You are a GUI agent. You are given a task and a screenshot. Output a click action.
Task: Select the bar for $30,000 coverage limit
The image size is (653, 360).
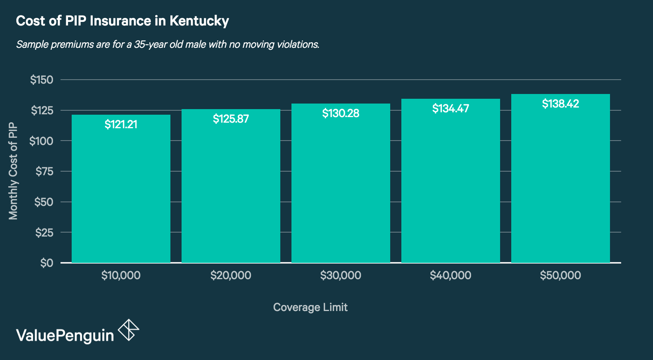pyautogui.click(x=340, y=187)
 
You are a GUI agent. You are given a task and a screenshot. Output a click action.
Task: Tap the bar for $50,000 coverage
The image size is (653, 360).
pyautogui.click(x=560, y=183)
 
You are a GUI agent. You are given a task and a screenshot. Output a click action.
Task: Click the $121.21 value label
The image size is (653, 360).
pyautogui.click(x=121, y=125)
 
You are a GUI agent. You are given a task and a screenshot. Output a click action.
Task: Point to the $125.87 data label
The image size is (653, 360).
pyautogui.click(x=231, y=119)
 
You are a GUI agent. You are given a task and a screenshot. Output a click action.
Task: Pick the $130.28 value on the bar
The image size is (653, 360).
pyautogui.click(x=340, y=113)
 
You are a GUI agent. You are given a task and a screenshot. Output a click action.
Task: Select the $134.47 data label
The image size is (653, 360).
pyautogui.click(x=450, y=109)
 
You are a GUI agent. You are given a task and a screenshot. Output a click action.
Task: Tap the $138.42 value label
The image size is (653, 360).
pyautogui.click(x=560, y=104)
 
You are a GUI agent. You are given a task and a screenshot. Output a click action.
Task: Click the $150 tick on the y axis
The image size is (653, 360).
pyautogui.click(x=41, y=80)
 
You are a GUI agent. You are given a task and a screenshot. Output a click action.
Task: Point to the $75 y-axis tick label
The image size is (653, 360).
pyautogui.click(x=44, y=171)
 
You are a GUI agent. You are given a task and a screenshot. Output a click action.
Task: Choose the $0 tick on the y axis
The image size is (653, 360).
pyautogui.click(x=47, y=263)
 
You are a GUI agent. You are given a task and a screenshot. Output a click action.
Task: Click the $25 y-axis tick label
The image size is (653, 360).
pyautogui.click(x=44, y=233)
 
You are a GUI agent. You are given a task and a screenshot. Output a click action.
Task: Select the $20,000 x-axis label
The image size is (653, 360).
pyautogui.click(x=231, y=275)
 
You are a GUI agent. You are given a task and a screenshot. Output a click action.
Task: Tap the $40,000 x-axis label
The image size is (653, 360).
pyautogui.click(x=450, y=275)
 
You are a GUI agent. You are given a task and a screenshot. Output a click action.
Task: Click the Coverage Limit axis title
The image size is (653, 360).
pyautogui.click(x=310, y=307)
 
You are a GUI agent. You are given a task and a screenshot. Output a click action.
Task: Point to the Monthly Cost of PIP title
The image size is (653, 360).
pyautogui.click(x=13, y=171)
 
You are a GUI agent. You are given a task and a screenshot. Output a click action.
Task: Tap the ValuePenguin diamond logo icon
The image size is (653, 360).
pyautogui.click(x=129, y=330)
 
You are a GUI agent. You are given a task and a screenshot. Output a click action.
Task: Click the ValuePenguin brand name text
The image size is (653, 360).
pyautogui.click(x=65, y=335)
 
